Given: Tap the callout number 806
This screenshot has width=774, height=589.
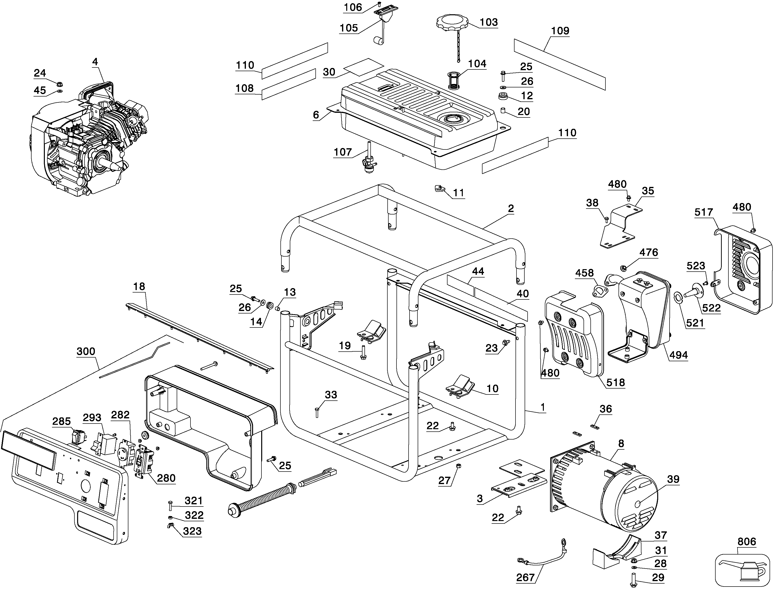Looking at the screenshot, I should [x=746, y=542].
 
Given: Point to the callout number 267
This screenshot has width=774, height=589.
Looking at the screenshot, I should [x=525, y=577].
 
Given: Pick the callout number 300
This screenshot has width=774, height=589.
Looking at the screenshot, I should [x=86, y=351].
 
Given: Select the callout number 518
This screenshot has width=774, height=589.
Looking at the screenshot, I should [x=616, y=382].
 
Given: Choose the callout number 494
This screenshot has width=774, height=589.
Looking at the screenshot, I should [x=679, y=355].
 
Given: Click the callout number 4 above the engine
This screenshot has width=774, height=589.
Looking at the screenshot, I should [x=95, y=62].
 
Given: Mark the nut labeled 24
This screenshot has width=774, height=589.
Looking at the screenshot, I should [x=60, y=84].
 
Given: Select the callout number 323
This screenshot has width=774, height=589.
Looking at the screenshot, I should [x=192, y=531].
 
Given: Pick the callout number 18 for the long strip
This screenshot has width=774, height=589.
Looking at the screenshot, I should [x=139, y=286].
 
